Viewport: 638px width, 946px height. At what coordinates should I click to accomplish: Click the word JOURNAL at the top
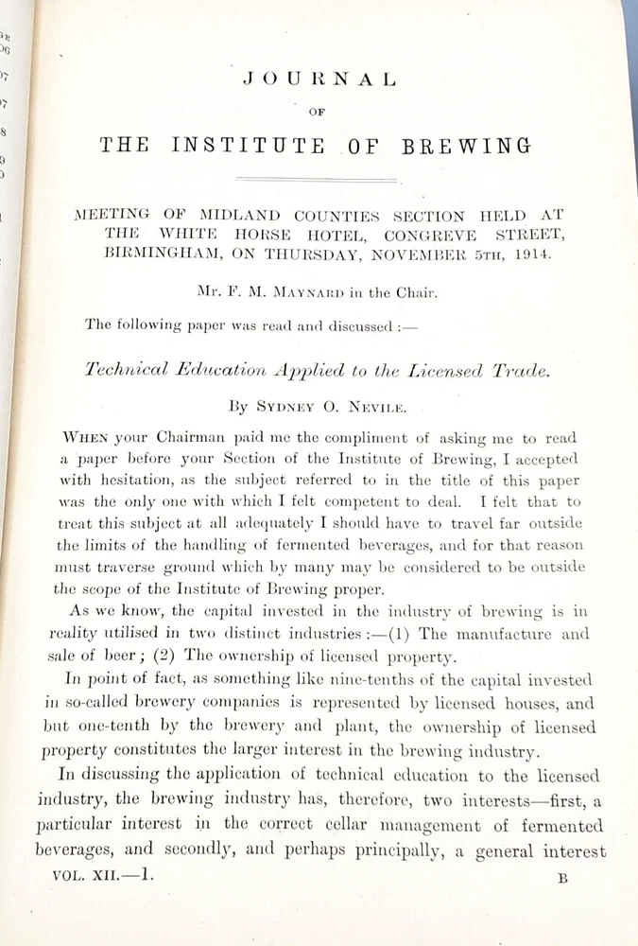(318, 80)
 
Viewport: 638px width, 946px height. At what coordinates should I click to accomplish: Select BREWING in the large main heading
(467, 146)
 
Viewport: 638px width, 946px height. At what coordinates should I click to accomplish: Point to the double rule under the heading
(317, 179)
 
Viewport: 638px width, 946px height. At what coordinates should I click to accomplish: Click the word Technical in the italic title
(133, 371)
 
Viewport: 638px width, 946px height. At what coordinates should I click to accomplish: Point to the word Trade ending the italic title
(519, 371)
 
